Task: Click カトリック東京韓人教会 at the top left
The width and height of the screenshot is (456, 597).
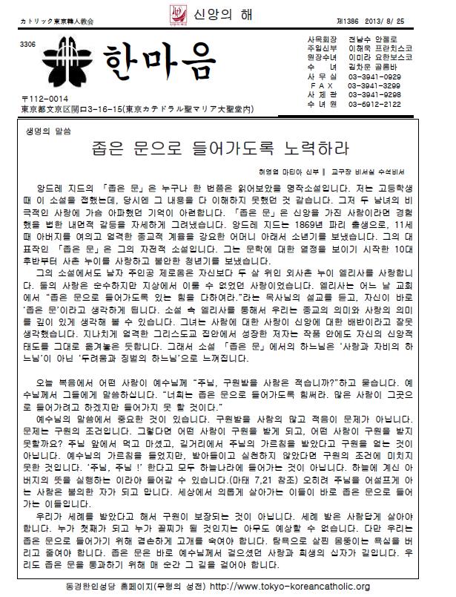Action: coord(52,13)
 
